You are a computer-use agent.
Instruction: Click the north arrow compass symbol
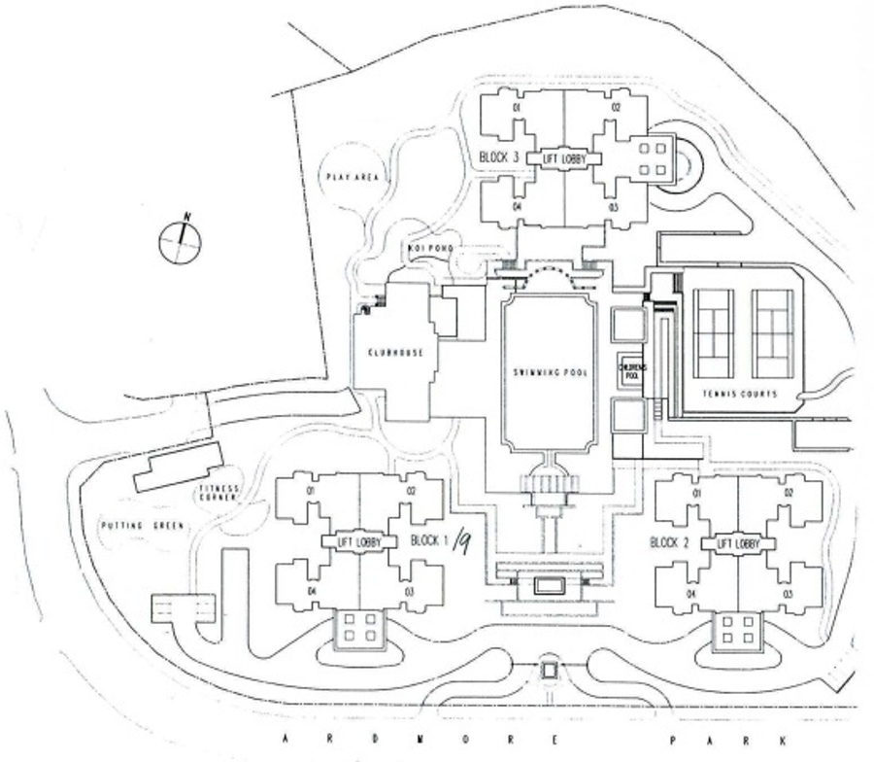[180, 238]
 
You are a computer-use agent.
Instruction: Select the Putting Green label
[142, 526]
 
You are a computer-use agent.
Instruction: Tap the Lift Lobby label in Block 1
[358, 541]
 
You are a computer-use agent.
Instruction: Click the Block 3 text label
[500, 156]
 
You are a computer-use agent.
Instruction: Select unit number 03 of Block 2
[788, 594]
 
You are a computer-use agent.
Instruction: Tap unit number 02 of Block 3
[616, 107]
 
